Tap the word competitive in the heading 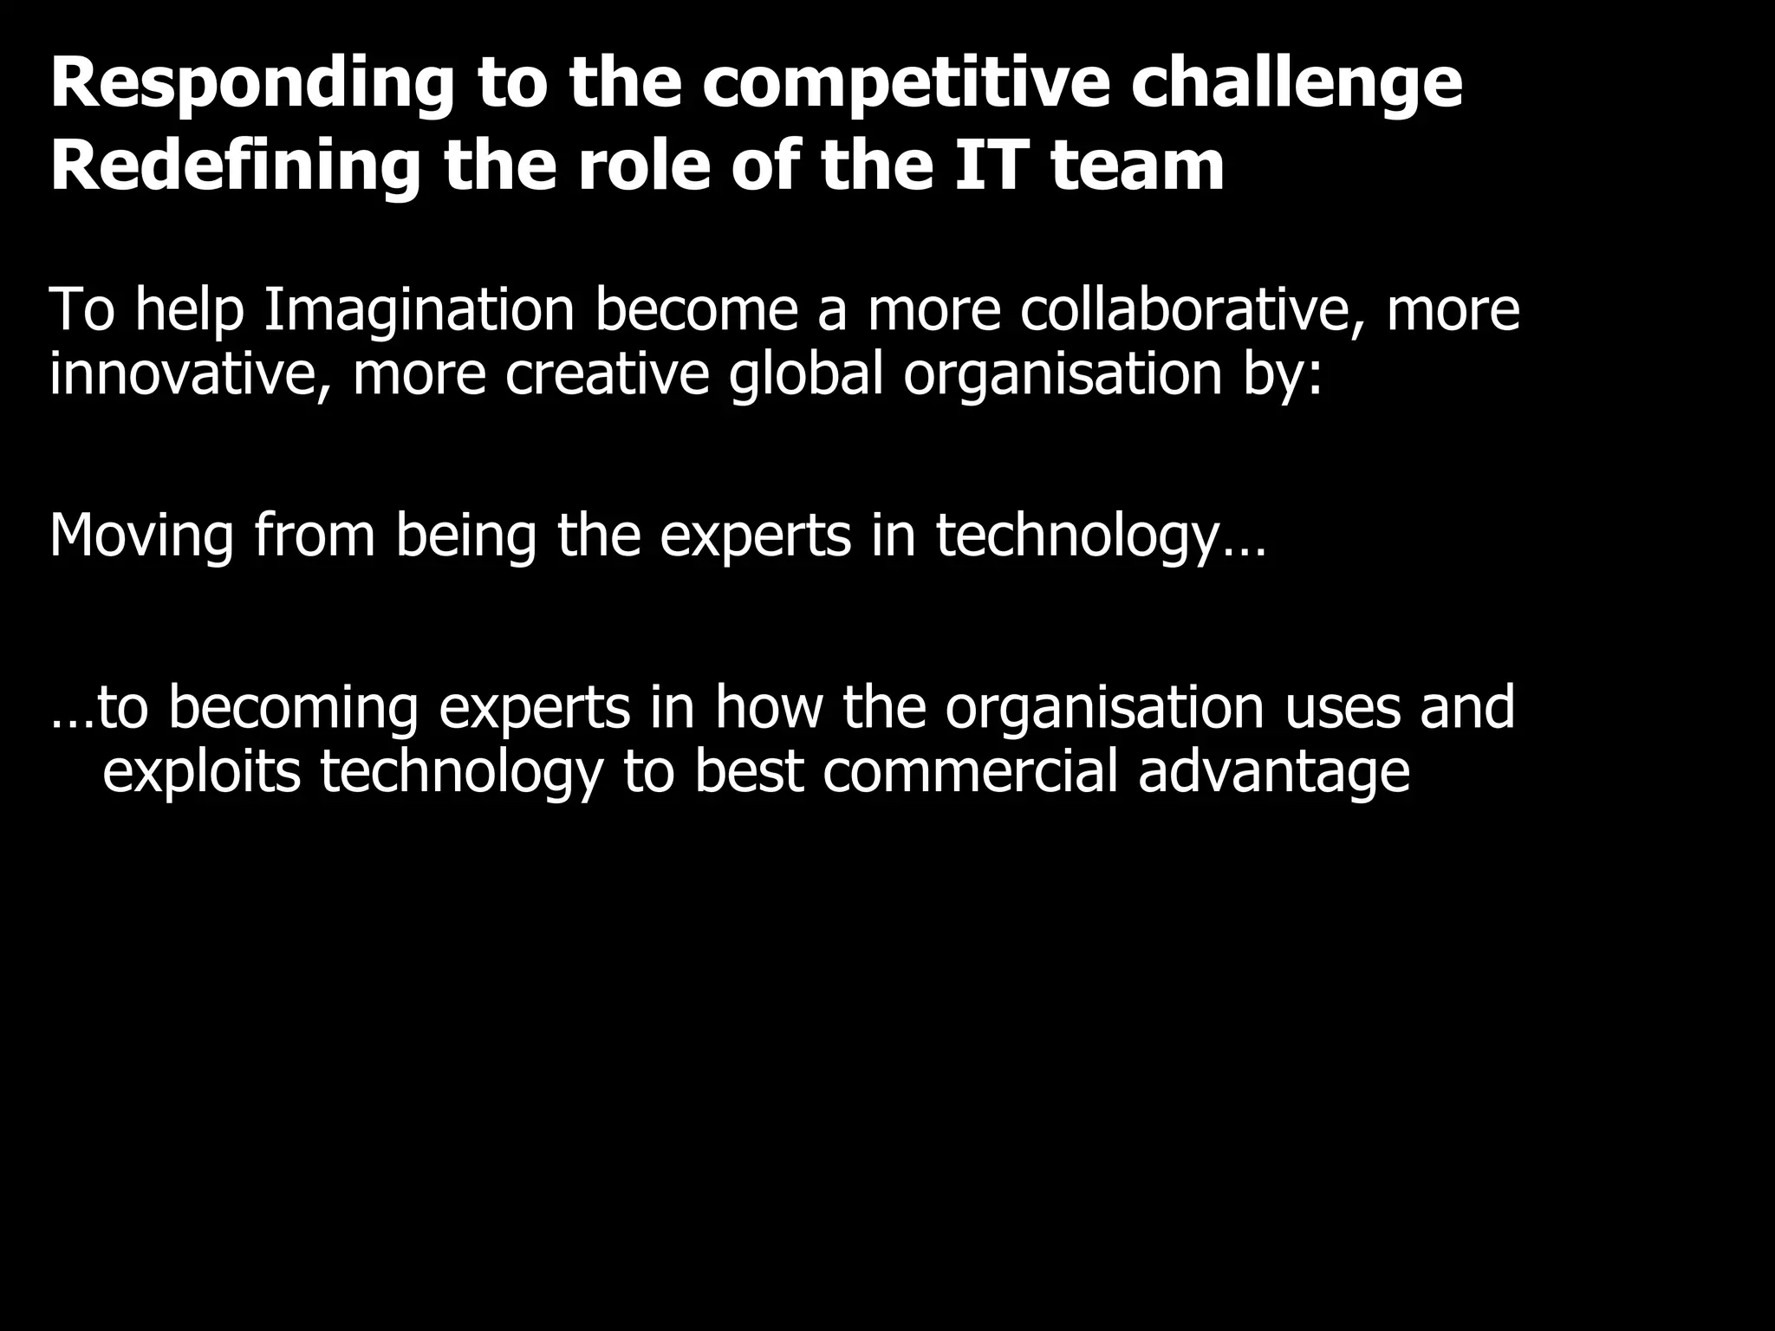pyautogui.click(x=905, y=85)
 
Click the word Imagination pyautogui.click(x=419, y=311)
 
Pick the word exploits pyautogui.click(x=201, y=772)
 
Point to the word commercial pyautogui.click(x=970, y=771)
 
